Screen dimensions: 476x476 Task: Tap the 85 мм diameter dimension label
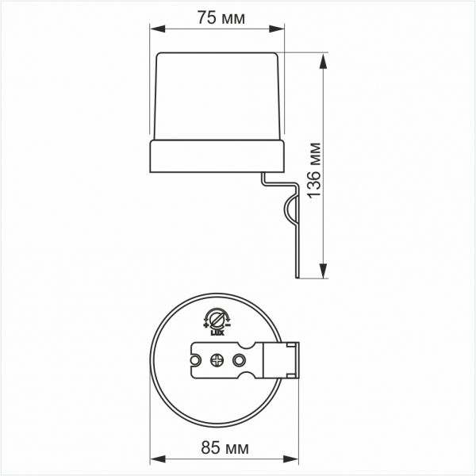point(221,450)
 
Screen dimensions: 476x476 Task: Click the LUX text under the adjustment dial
point(215,334)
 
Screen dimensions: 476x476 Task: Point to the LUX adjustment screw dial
point(215,319)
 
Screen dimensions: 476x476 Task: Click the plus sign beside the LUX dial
point(205,324)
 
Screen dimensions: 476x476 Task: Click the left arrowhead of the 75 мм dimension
point(155,29)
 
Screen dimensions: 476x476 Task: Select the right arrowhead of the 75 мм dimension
point(281,29)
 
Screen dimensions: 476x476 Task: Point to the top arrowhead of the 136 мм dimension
point(325,59)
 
